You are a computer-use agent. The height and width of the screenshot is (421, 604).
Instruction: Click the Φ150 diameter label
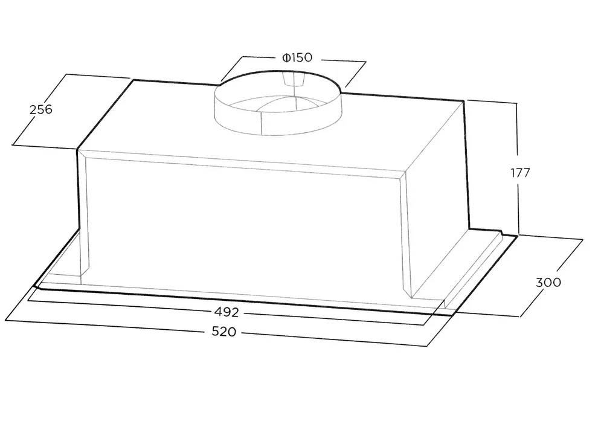(x=297, y=58)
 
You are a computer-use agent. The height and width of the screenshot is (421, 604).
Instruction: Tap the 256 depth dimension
(x=41, y=109)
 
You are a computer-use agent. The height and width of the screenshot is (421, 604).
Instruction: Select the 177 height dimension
(x=521, y=173)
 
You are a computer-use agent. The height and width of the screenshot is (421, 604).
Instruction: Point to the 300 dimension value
(x=548, y=282)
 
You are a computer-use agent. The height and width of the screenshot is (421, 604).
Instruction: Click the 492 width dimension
(x=226, y=312)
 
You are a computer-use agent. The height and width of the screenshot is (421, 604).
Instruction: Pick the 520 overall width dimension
(x=224, y=331)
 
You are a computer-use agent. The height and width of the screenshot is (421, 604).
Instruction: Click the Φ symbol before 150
(x=286, y=58)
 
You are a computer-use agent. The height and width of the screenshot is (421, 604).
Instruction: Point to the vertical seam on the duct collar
(x=262, y=123)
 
